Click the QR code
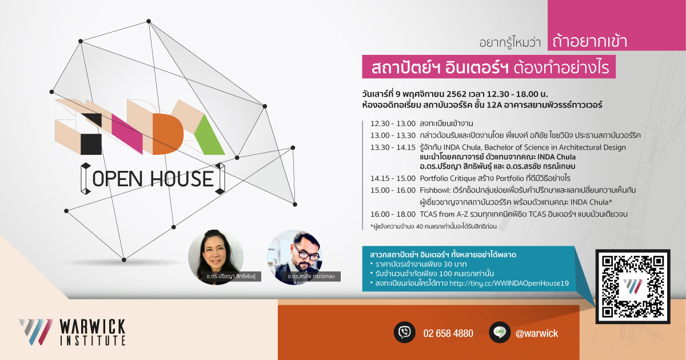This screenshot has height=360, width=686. pos(633,286)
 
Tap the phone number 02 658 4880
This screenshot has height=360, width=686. pos(448,333)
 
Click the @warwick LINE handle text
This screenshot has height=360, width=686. pos(537,333)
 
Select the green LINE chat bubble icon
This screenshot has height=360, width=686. pos(500,332)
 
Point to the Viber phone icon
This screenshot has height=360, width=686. pos(404,332)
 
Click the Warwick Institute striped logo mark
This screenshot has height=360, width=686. pos(35,332)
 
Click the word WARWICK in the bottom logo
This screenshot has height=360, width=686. pos(93,327)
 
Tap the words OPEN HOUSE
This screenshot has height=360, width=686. pos(153,179)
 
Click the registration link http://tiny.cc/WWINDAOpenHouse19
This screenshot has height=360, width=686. pos(509,283)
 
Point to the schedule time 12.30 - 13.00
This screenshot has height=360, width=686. pos(393,123)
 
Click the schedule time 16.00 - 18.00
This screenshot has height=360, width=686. pos(393,214)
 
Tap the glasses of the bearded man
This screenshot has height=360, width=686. pos(307,253)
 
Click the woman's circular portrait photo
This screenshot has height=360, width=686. pos(216,257)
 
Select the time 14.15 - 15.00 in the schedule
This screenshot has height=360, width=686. pos(393,178)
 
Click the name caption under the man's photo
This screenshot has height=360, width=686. pos(311,276)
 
